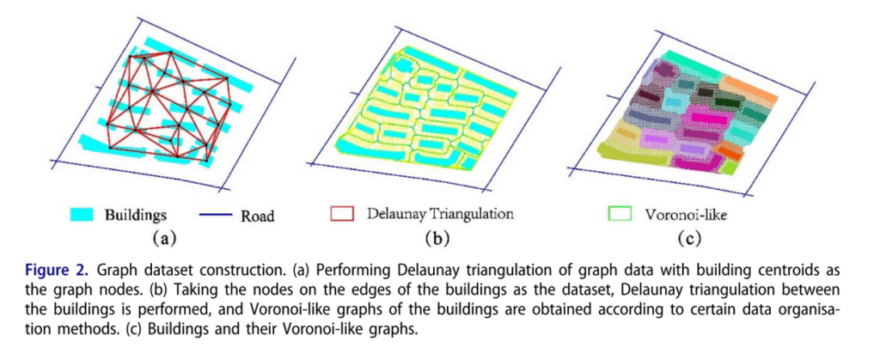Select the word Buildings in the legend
(x=134, y=215)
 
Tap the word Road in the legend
(x=258, y=216)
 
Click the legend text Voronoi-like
(x=685, y=214)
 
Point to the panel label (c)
(x=689, y=239)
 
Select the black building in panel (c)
(x=706, y=90)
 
